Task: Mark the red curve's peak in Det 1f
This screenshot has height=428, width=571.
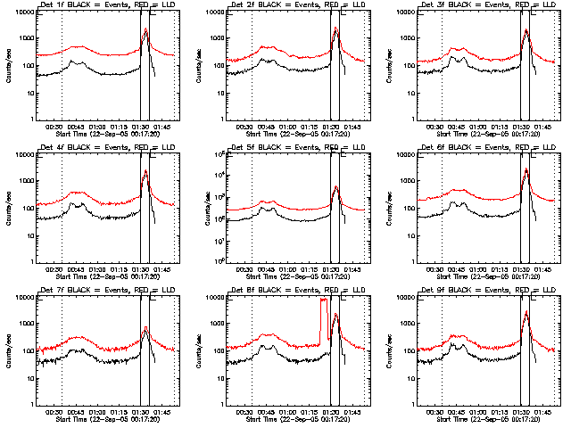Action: click(x=145, y=30)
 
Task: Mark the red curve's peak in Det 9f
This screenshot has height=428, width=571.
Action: click(x=526, y=312)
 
